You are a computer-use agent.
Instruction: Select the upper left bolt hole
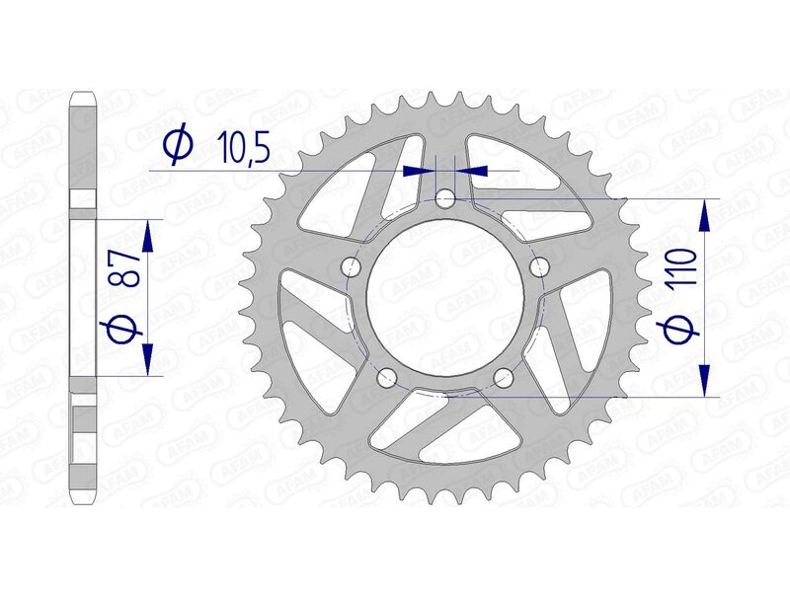pyautogui.click(x=349, y=267)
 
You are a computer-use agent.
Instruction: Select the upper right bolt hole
pyautogui.click(x=539, y=267)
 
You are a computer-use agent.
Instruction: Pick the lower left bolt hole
pyautogui.click(x=386, y=377)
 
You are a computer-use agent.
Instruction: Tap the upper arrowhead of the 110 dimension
pyautogui.click(x=705, y=212)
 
